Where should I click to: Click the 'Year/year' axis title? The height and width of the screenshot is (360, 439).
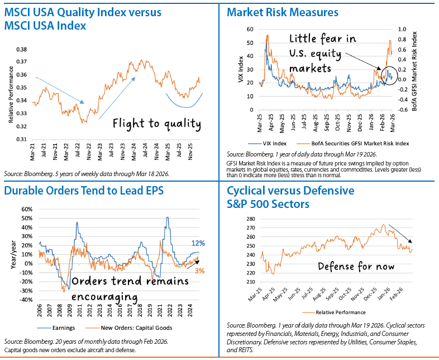coord(10,255)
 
